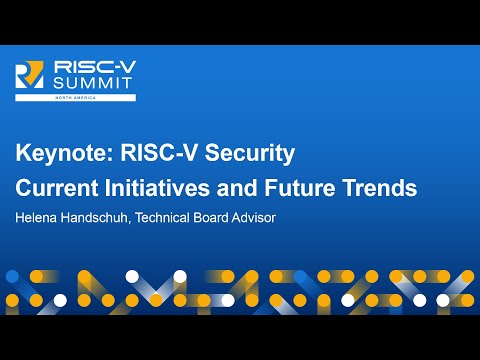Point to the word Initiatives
coord(151,187)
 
